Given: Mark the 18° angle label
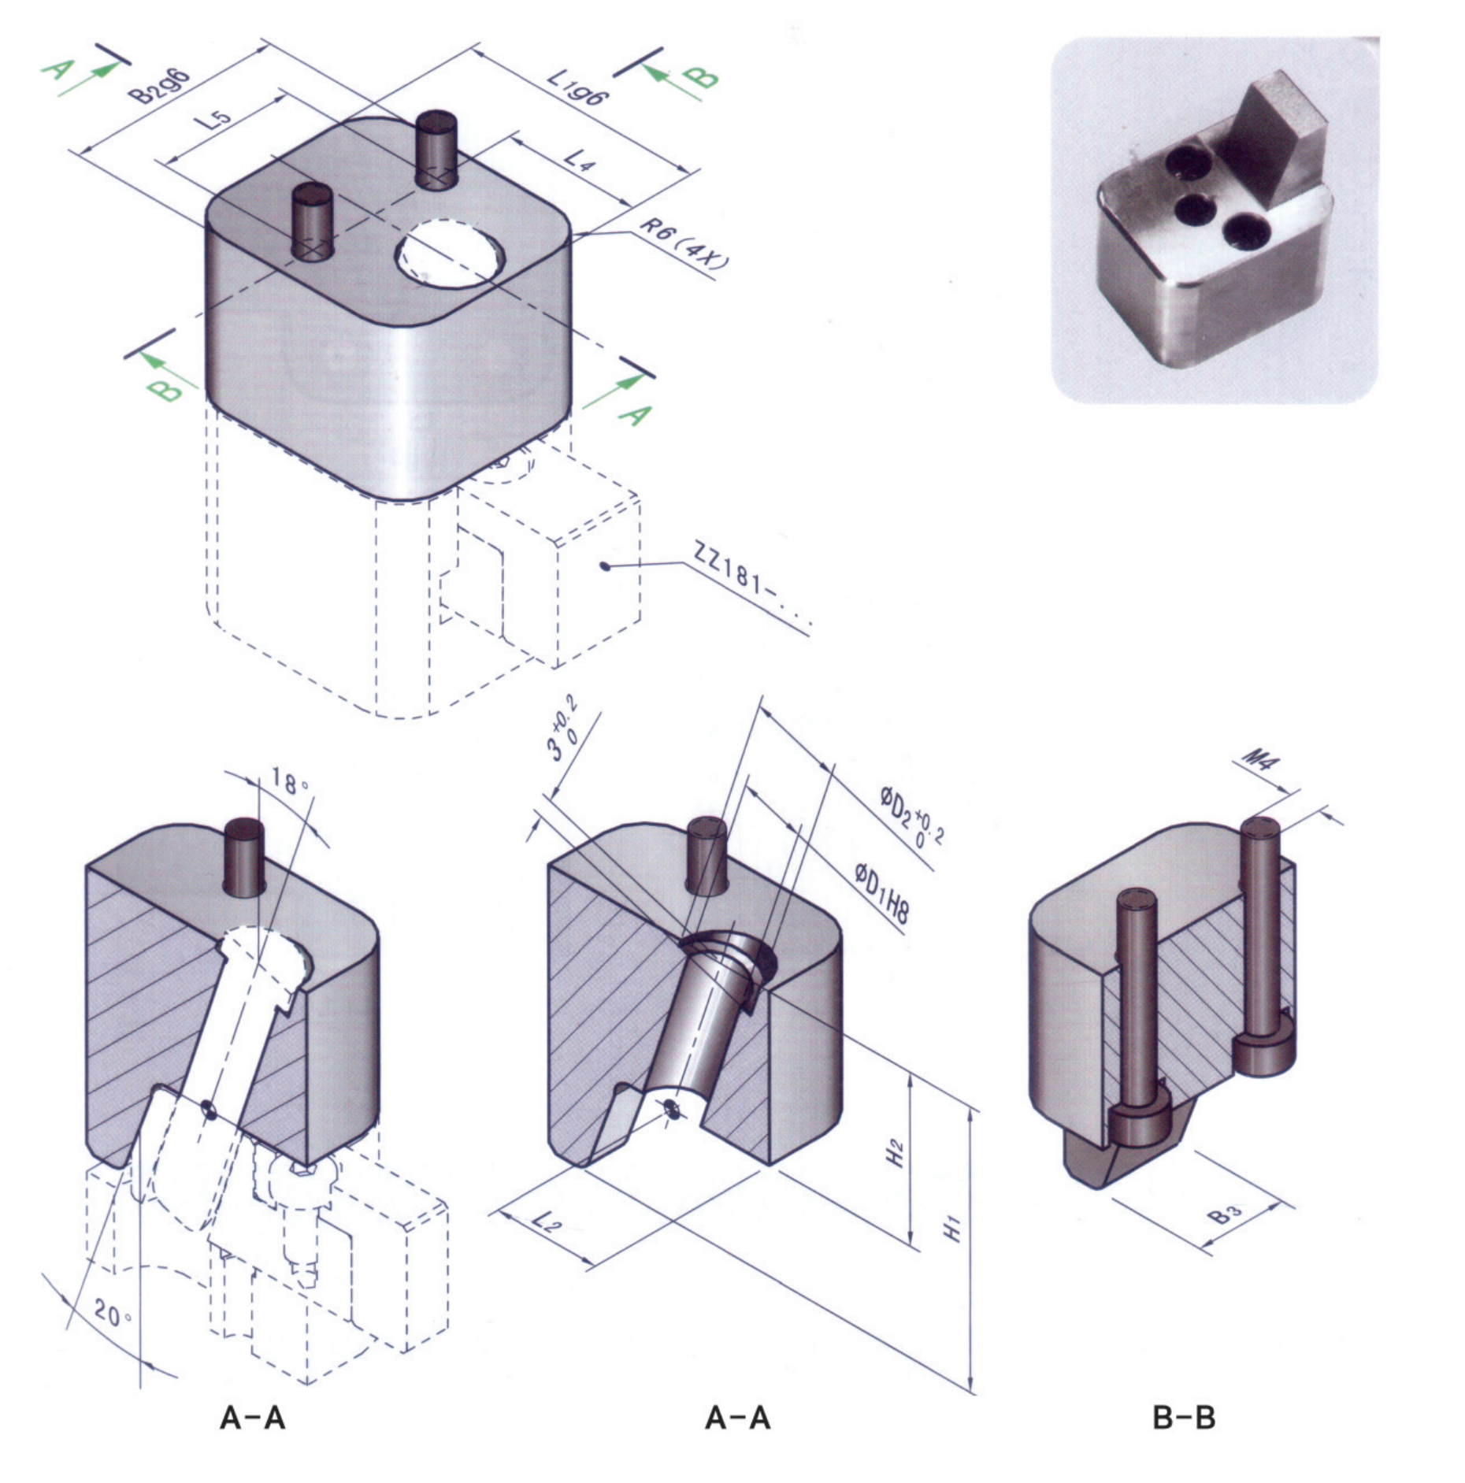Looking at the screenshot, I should click(289, 782).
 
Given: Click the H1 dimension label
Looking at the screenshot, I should click(953, 1229).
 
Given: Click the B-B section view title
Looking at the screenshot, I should click(1183, 1418).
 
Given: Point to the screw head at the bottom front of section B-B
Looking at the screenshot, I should click(1136, 1127).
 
